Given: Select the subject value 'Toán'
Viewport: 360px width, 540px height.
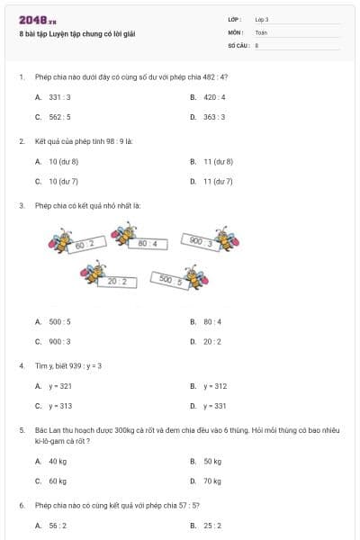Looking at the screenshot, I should (x=261, y=31).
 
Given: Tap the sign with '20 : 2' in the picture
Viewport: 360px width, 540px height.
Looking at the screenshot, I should (x=121, y=282).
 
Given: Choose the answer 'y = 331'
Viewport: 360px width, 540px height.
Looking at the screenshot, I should (x=215, y=406).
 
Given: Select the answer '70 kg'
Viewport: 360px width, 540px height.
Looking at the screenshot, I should (x=212, y=481).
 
